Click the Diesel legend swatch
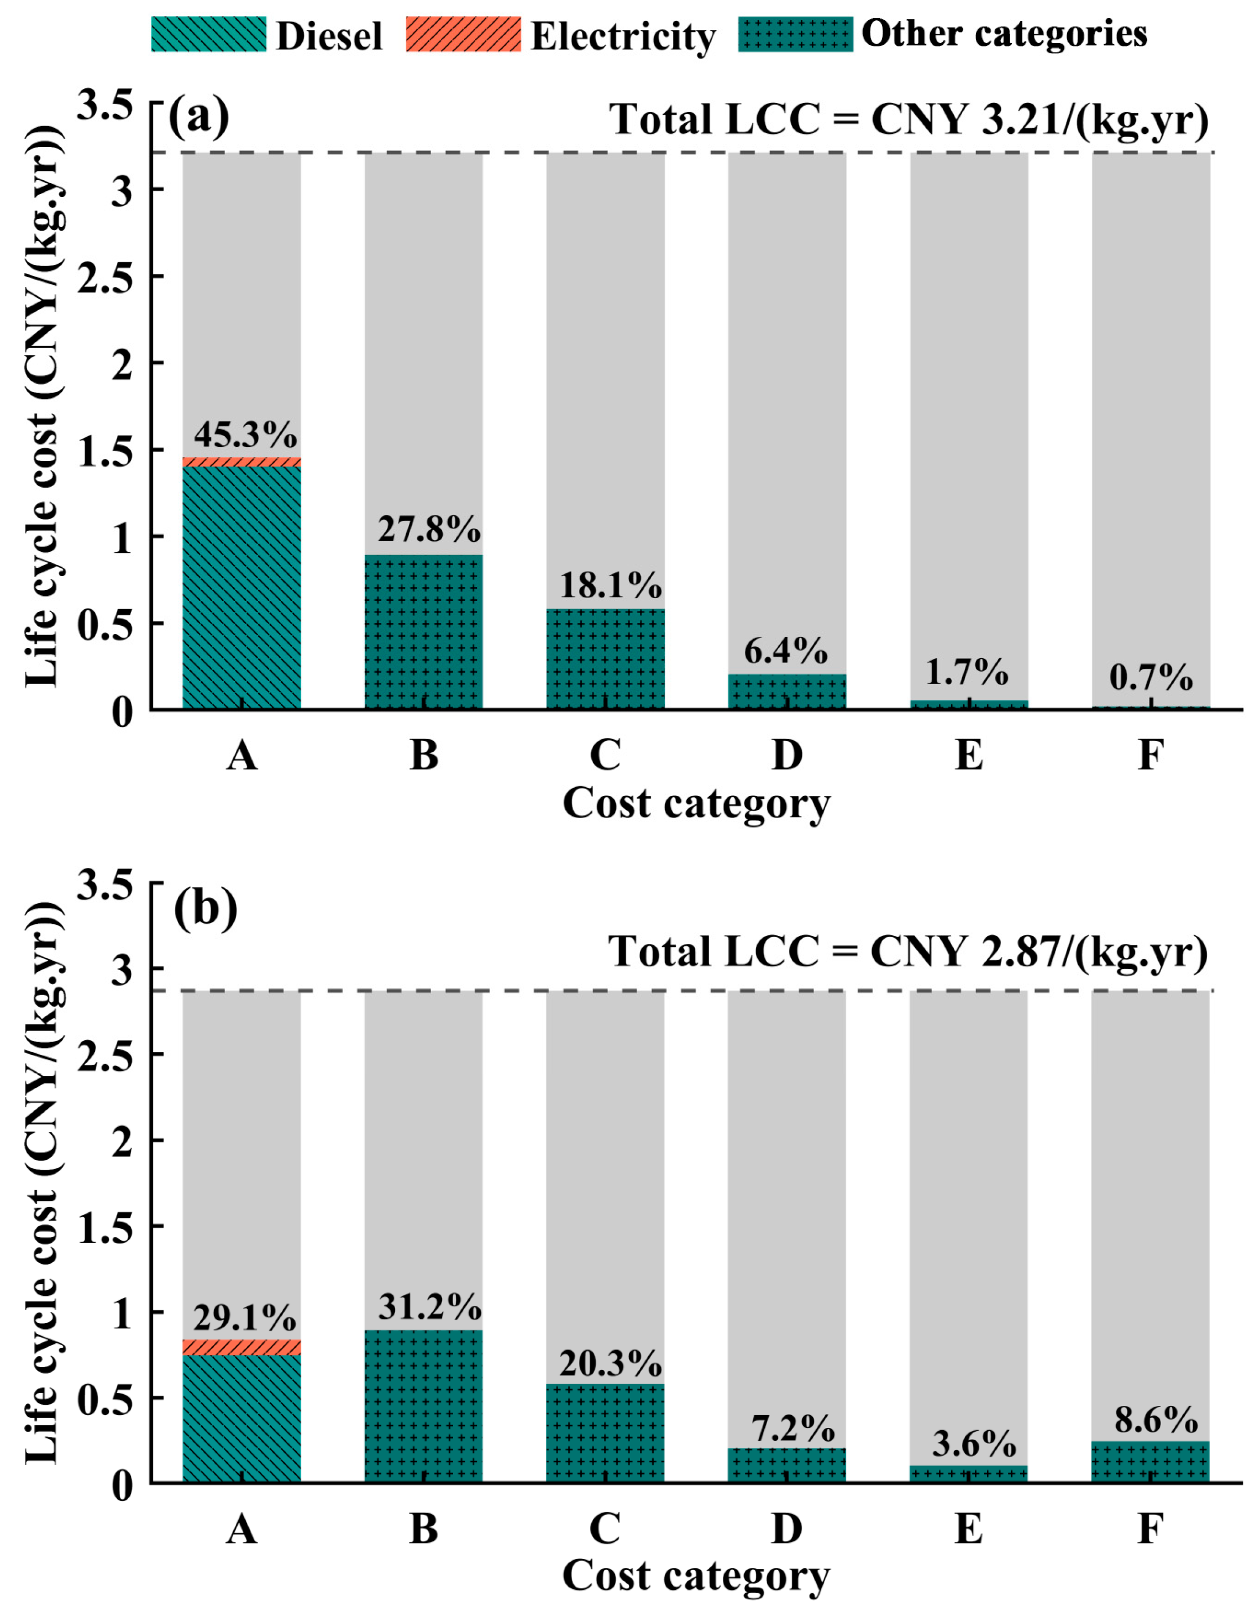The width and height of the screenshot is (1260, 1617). tap(209, 35)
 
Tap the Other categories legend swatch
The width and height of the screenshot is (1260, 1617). tap(796, 35)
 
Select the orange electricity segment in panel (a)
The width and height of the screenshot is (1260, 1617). tap(242, 461)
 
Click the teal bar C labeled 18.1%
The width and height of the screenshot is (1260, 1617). tap(606, 659)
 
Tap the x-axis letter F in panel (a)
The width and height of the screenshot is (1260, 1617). tap(1149, 755)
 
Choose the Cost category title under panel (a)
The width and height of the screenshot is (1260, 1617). tap(696, 803)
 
